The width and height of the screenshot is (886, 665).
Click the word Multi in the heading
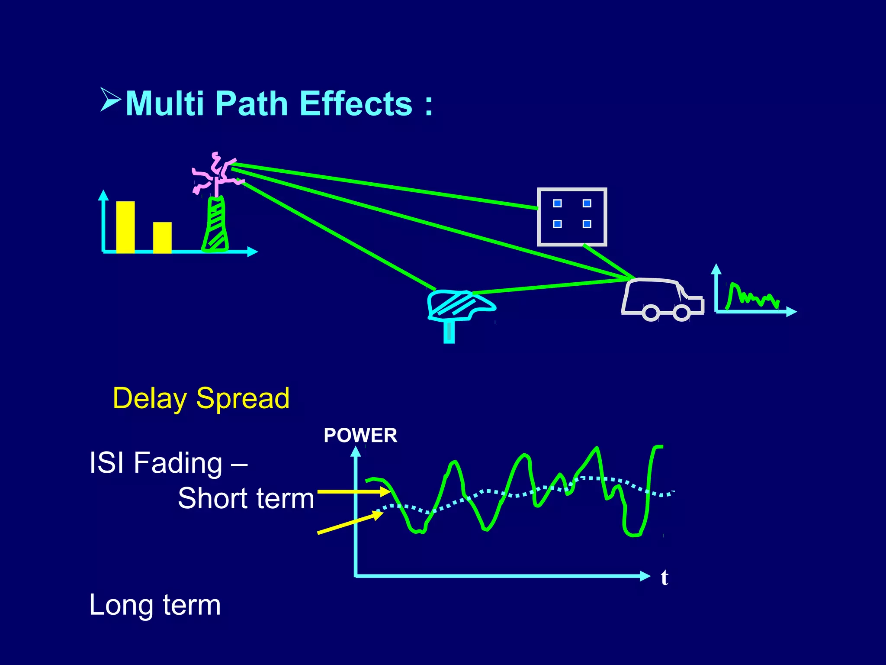(164, 104)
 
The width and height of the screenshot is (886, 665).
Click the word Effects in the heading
(356, 104)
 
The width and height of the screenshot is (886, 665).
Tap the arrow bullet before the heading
(110, 100)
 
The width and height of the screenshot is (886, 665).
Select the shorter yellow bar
(162, 237)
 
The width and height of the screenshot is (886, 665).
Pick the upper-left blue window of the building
(558, 203)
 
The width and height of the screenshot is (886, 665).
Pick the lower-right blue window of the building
(587, 224)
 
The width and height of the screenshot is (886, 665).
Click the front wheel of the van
(681, 313)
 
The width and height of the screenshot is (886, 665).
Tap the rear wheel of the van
(651, 313)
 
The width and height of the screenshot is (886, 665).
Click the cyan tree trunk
(449, 332)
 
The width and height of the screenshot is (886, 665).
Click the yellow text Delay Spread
(201, 398)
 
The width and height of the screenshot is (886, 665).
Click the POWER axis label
(360, 436)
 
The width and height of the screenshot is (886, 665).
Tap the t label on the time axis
(664, 578)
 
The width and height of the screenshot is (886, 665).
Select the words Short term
(246, 498)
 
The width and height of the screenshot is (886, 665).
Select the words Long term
(155, 605)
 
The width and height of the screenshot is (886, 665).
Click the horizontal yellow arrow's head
(385, 492)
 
